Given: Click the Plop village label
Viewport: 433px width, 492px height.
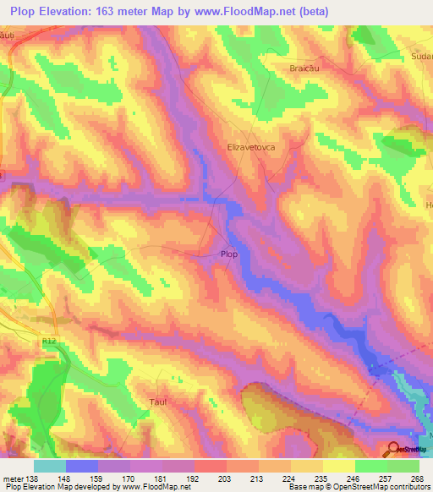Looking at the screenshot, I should click(228, 254).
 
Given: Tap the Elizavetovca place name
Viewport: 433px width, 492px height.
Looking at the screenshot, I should click(252, 146).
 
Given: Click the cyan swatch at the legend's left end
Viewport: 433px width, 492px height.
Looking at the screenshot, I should click(50, 466).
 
